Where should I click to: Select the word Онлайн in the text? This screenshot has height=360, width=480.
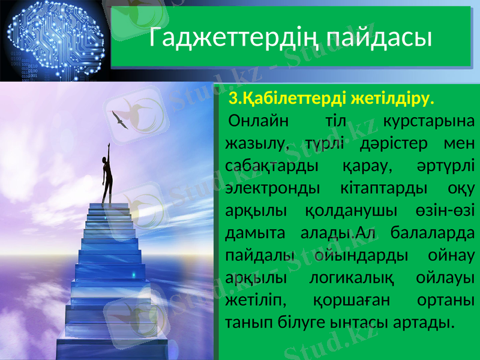pos(257,121)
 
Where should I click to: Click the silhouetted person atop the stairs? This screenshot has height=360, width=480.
pos(107,180)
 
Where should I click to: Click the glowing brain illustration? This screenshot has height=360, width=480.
pos(54,39)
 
